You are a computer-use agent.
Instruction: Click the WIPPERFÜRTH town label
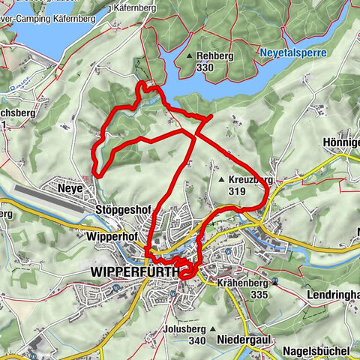[133, 271]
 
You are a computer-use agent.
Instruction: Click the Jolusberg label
[188, 329]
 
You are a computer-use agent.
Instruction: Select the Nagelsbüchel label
[317, 351]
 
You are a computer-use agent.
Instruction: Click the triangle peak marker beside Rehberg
[189, 56]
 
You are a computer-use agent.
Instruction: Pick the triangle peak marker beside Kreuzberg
[222, 181]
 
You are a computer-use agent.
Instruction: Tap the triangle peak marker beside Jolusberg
[214, 329]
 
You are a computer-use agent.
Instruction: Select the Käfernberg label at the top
[145, 7]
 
